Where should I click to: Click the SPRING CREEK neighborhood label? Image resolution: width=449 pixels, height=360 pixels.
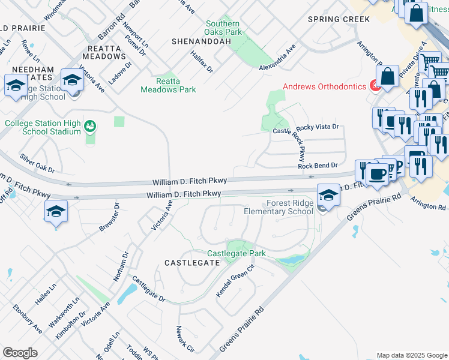point(339,19)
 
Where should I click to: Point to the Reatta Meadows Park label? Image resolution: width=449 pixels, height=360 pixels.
point(168,85)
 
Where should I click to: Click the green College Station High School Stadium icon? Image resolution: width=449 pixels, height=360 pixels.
point(90,127)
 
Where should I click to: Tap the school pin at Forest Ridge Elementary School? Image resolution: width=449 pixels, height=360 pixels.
point(328,195)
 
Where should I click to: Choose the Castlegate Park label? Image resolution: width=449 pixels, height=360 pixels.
point(236,254)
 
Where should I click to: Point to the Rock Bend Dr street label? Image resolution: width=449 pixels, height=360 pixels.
point(318,165)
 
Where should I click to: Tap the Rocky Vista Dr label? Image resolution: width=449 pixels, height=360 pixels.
point(318,127)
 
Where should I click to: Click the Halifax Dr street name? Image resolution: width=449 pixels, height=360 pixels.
point(202,61)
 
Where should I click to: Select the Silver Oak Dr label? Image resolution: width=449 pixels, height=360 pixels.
point(37,163)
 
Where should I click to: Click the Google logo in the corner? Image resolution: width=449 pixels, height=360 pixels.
point(20,353)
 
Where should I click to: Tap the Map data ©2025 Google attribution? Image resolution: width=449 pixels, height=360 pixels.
point(411,355)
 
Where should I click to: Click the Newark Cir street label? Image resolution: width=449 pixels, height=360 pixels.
point(184,339)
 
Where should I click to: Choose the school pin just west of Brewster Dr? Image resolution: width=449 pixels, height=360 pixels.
point(56,211)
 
